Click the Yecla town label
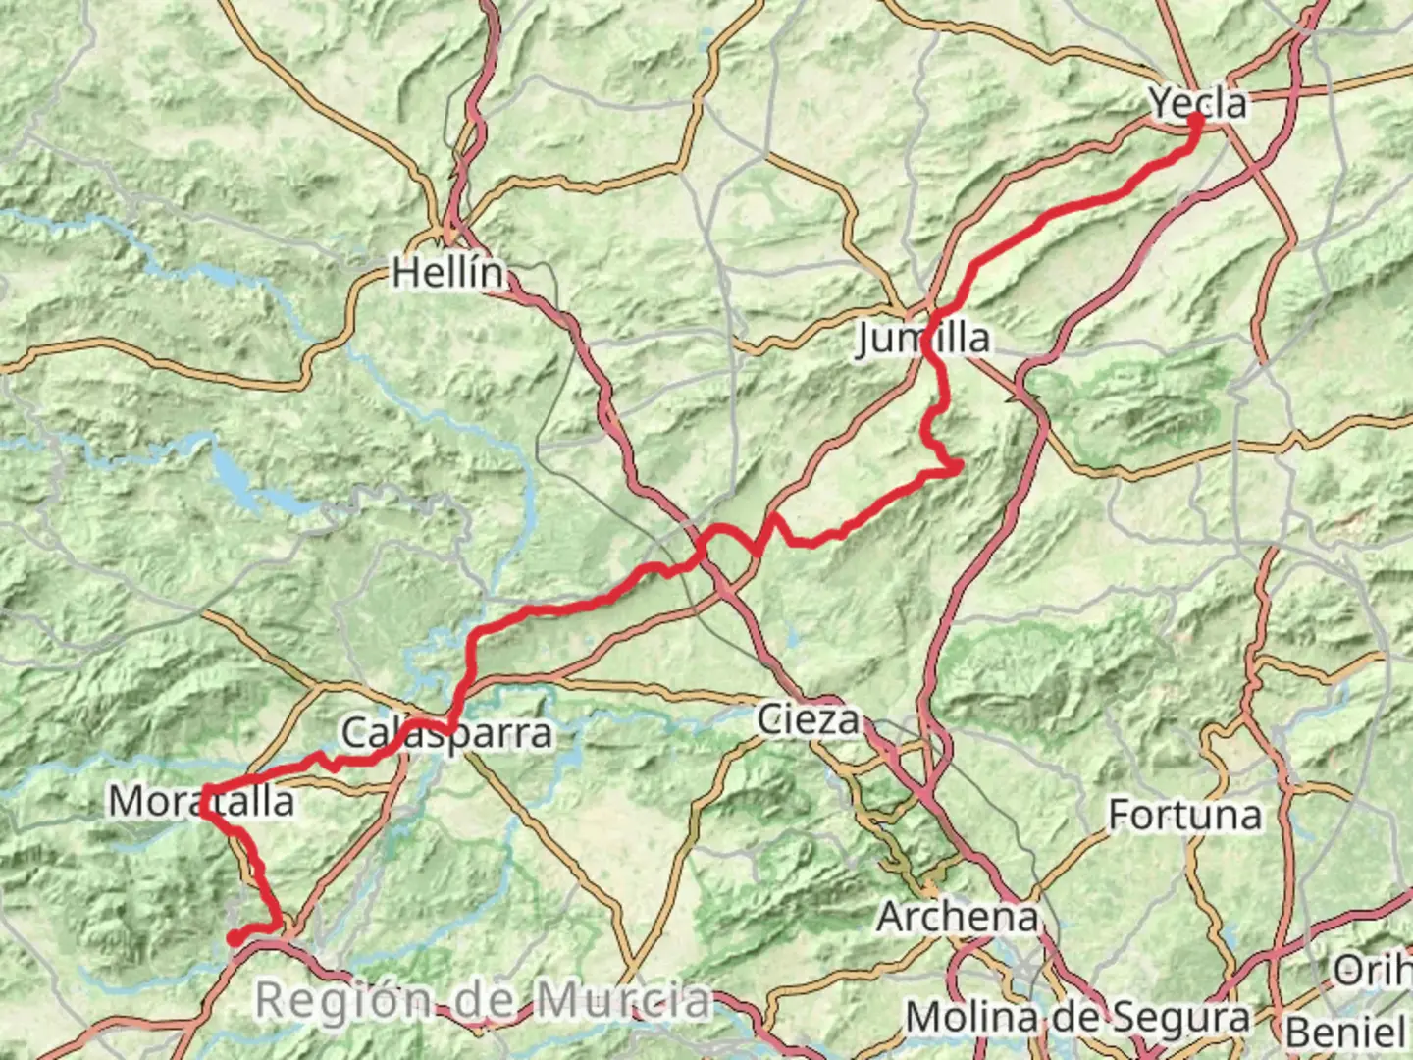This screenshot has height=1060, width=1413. (x=1197, y=102)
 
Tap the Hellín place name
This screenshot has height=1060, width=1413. (x=448, y=272)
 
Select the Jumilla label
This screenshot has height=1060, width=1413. (x=922, y=338)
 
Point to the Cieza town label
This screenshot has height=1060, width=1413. (x=808, y=719)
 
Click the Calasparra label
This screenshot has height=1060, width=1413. (x=446, y=733)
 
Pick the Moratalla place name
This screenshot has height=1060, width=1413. (x=201, y=801)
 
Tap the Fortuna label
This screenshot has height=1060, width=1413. (x=1184, y=815)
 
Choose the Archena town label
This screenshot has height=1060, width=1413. (x=957, y=917)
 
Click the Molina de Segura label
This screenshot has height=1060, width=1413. (x=1076, y=1017)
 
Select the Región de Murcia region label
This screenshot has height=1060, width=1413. (x=483, y=1000)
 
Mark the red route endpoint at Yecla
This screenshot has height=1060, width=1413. (x=1196, y=120)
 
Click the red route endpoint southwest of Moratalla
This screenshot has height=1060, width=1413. (x=235, y=938)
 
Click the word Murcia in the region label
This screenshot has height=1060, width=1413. (x=624, y=1000)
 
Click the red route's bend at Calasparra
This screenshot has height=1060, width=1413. (x=449, y=727)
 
